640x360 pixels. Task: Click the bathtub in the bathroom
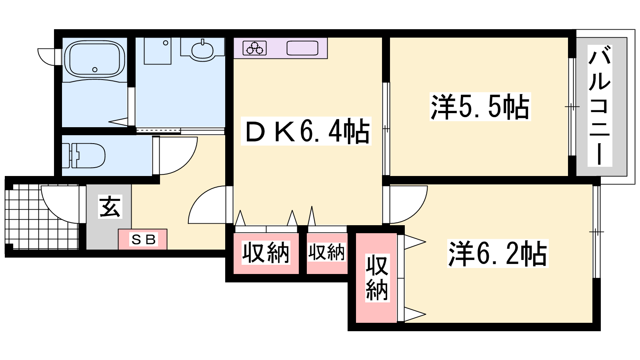[94, 60]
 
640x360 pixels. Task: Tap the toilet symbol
[84, 156]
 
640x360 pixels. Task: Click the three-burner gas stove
[254, 48]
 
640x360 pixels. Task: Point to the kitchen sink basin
[302, 48]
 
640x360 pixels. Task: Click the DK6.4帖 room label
[306, 131]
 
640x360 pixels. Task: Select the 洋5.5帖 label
[480, 106]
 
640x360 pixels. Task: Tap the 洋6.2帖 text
[498, 254]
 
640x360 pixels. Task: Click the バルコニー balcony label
[600, 106]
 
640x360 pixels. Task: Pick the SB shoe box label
[143, 240]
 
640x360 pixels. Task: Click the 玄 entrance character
[110, 206]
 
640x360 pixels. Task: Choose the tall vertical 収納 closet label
[377, 278]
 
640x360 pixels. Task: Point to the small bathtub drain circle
[95, 70]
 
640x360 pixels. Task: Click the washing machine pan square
[158, 51]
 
